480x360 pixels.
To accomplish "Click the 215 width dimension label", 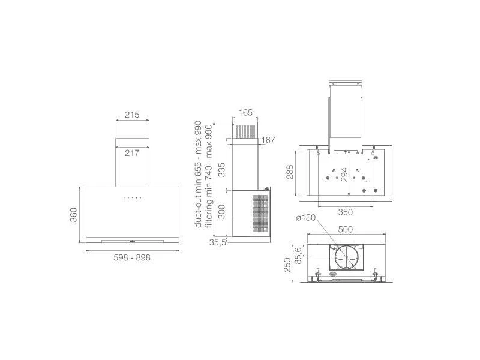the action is click(132, 115).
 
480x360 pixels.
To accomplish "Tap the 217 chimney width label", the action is click(132, 153).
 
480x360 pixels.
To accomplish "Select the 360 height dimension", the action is click(74, 215).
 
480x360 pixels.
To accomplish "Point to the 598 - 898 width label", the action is click(132, 258).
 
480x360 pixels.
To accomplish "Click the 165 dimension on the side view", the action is click(245, 113).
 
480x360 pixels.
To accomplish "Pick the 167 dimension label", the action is click(268, 140).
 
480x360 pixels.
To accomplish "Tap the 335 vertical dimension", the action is click(221, 170).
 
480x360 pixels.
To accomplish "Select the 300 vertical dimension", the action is click(221, 212).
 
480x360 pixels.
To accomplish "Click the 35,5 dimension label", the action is click(218, 242).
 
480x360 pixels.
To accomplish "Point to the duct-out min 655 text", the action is click(199, 199).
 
